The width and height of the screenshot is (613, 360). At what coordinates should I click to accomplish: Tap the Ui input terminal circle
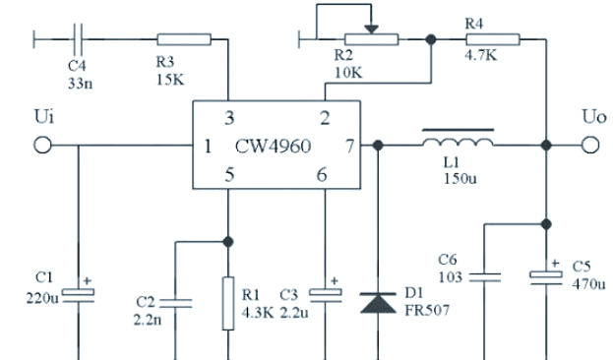42,146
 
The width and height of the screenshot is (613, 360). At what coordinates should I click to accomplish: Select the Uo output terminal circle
589,146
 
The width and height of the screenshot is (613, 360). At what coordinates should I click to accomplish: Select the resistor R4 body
489,39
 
